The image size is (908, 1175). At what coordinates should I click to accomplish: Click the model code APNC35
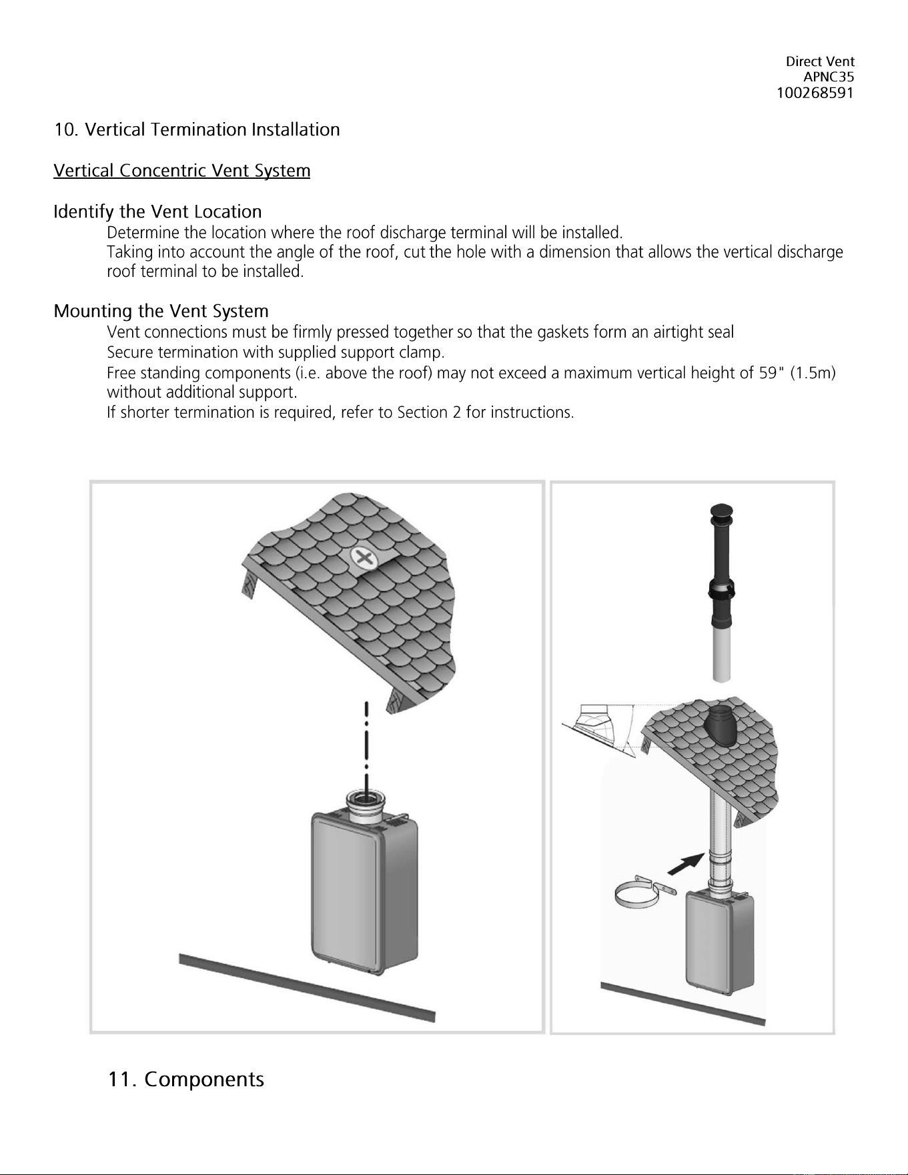829,77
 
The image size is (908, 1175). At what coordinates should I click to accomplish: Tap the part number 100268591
815,93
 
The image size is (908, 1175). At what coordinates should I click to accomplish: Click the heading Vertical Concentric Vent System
182,171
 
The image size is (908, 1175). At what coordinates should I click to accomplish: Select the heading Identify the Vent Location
157,212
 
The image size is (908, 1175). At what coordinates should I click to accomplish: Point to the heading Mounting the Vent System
161,312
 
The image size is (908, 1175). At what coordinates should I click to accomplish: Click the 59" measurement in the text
771,372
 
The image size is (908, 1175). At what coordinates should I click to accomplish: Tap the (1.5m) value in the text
813,372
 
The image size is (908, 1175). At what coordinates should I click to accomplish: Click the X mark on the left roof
363,557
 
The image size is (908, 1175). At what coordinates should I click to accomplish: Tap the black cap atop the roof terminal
721,511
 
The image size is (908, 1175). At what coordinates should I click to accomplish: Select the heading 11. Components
186,1079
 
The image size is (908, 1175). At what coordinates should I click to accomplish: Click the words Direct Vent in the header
820,61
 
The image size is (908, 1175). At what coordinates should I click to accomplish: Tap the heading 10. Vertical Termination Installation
197,129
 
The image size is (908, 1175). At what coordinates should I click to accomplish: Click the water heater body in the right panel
721,941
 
